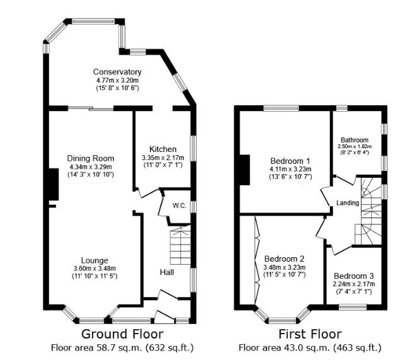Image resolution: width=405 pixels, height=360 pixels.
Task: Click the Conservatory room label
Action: tap(117, 72)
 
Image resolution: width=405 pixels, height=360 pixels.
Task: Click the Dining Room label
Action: tap(91, 158)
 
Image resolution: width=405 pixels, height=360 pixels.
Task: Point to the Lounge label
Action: tap(94, 260)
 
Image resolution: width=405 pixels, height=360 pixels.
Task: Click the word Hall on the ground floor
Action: tap(167, 272)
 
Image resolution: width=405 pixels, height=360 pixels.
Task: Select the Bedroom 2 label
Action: tap(284, 259)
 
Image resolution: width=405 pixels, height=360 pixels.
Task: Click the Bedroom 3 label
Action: tap(353, 276)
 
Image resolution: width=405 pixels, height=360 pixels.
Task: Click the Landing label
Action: tap(348, 203)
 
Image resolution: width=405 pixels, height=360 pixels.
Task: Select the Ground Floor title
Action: tap(122, 334)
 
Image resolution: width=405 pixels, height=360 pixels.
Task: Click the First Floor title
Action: tap(310, 334)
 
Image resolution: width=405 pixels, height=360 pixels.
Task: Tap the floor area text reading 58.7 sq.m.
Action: tap(122, 347)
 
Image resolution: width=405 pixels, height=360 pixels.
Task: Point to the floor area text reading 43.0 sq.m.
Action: tap(310, 347)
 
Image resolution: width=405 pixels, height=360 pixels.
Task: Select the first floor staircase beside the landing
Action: tap(370, 211)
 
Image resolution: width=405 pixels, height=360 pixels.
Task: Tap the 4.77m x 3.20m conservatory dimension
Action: tap(117, 80)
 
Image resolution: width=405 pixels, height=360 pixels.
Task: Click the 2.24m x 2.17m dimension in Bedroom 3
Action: tap(353, 284)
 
